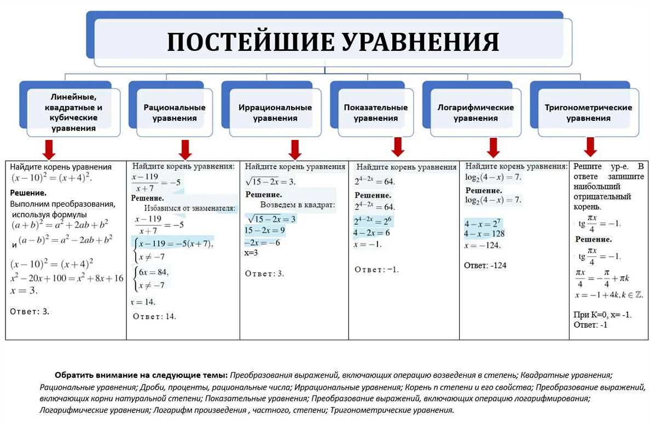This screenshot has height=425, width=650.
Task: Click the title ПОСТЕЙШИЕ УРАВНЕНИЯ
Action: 333,42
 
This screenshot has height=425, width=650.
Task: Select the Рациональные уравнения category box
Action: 175,113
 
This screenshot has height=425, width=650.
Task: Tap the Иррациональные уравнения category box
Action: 275,113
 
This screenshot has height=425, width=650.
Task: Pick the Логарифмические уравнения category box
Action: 475,113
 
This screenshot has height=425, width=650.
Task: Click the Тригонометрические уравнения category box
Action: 588,113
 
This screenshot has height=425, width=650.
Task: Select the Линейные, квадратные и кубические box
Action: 74,113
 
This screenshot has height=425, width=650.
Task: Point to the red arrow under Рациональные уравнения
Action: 185,149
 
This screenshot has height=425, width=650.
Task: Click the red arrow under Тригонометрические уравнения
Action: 590,147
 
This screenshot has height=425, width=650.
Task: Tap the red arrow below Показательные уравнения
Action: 398,146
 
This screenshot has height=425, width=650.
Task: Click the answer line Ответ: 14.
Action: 155,316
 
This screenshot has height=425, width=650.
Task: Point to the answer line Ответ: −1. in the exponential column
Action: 377,270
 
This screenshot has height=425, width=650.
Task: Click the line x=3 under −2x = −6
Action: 251,253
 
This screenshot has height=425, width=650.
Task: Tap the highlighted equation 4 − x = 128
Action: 484,234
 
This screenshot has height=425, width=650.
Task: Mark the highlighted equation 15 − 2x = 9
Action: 265,230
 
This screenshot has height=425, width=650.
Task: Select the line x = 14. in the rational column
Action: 143,302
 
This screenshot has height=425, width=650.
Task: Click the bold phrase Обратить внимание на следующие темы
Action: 141,375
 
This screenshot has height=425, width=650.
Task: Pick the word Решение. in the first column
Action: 28,193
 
